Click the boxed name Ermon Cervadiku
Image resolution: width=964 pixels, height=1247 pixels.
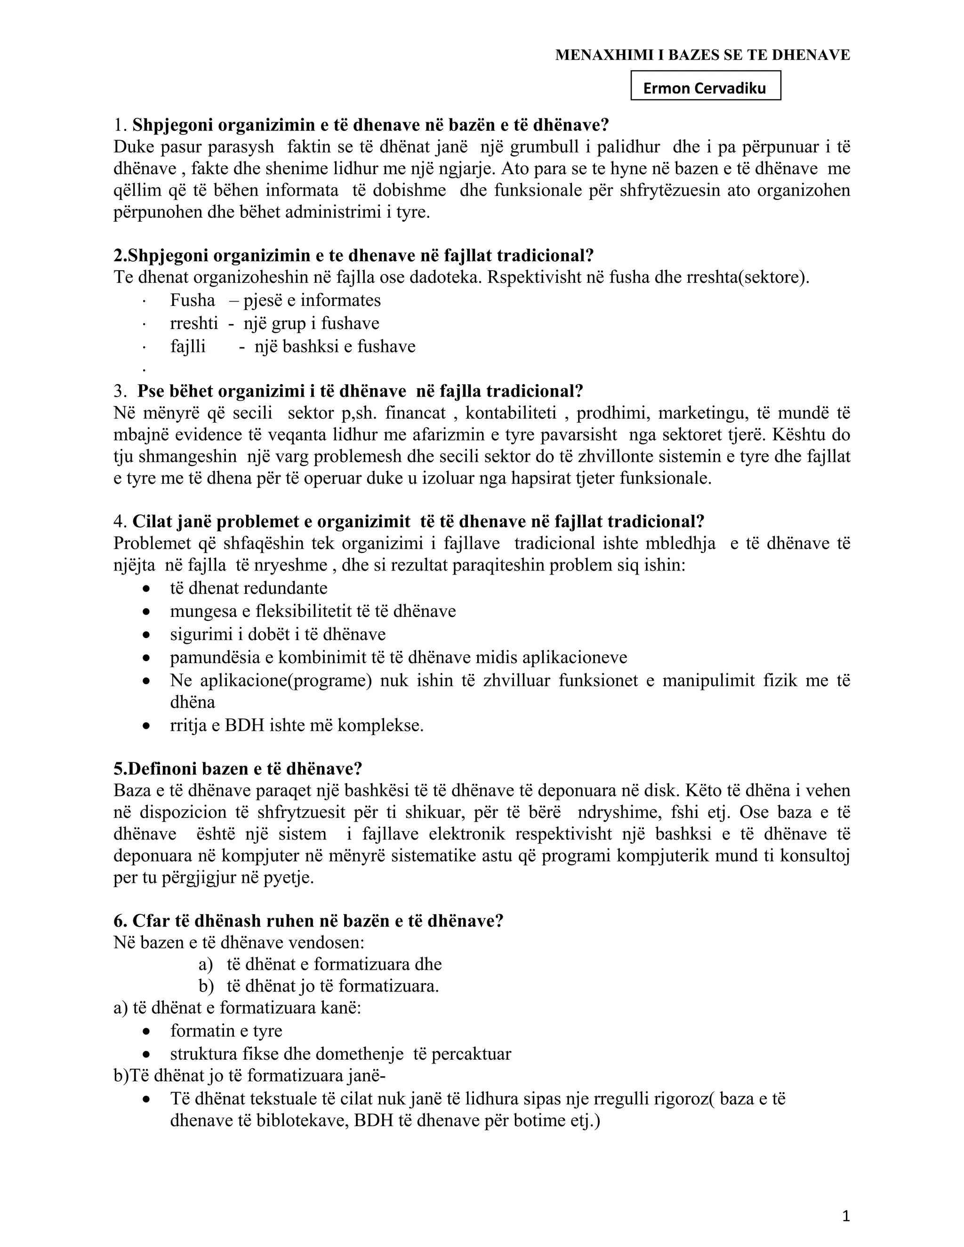tap(705, 88)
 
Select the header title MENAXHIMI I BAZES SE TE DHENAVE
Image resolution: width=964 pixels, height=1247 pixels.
tap(702, 55)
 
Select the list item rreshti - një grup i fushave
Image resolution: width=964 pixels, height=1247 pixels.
tap(274, 324)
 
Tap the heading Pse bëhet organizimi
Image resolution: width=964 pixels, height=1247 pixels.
tap(360, 391)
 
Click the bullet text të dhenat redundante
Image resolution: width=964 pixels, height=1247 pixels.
tap(249, 588)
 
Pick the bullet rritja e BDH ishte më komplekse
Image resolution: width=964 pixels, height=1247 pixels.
tap(297, 726)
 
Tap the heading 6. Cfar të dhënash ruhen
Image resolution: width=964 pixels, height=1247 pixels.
tap(308, 921)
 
